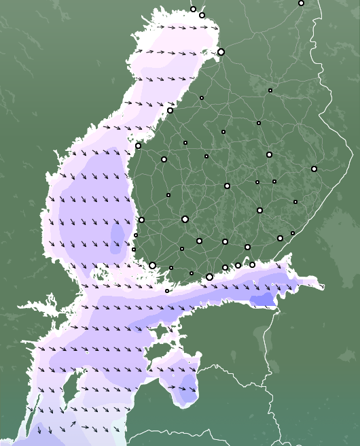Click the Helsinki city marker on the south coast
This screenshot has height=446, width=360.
coord(209,277)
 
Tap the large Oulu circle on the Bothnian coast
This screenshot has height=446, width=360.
coord(221,52)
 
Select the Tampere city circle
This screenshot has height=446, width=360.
coord(185,219)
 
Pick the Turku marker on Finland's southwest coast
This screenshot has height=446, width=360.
coord(152,265)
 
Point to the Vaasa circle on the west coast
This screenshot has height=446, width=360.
coord(138,145)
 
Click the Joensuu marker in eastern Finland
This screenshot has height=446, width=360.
coord(314,169)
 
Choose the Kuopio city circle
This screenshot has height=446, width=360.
coord(269,154)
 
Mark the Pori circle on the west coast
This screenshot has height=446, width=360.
coord(141,220)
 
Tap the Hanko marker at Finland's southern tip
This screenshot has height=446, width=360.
coord(167,291)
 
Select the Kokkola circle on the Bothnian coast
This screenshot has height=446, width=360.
coord(170,110)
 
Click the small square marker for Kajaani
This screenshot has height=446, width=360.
coord(270,90)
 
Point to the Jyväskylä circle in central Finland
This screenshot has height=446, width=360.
coord(227,186)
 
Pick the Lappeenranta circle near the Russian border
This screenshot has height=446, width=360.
coord(280,238)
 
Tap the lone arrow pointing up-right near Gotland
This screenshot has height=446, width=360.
coord(74,425)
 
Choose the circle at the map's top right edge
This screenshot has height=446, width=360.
coord(301,3)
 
